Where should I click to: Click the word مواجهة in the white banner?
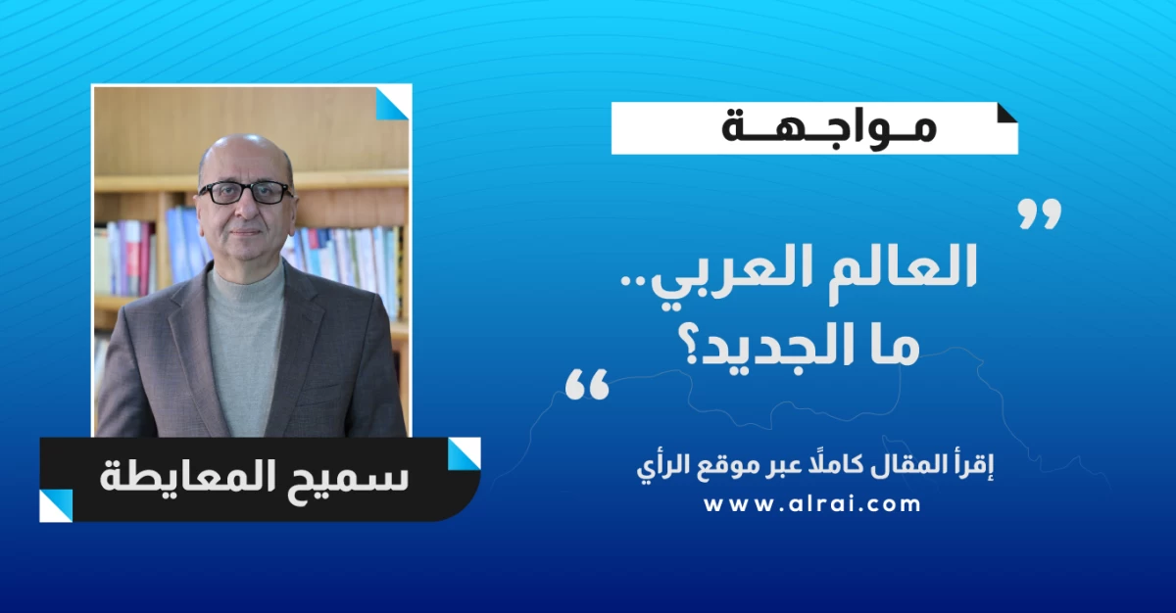click(x=828, y=129)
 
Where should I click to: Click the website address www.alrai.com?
click(x=812, y=505)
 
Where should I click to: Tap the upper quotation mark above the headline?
click(x=1040, y=213)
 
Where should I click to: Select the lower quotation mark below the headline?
click(x=587, y=385)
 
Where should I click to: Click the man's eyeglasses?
click(x=246, y=193)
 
